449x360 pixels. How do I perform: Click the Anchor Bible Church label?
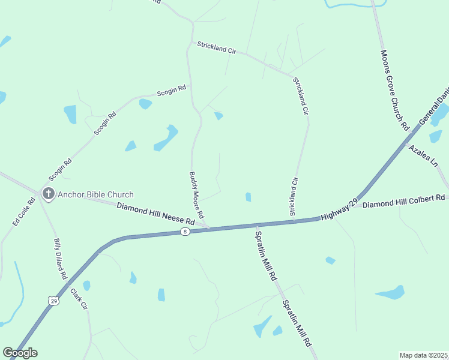95,194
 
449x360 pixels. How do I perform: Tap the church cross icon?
48,194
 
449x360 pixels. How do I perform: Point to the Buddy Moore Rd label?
197,195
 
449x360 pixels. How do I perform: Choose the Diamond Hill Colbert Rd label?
403,200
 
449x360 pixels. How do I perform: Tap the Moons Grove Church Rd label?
394,90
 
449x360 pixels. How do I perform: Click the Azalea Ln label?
423,155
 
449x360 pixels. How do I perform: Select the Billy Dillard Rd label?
60,259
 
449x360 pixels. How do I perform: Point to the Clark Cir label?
79,299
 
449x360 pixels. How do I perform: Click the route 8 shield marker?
185,232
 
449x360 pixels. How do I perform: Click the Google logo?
20,353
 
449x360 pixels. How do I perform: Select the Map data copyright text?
424,355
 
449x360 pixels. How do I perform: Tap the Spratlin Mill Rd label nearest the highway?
265,257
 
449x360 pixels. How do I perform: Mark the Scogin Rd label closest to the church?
61,169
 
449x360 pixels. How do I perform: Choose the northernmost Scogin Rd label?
171,91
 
